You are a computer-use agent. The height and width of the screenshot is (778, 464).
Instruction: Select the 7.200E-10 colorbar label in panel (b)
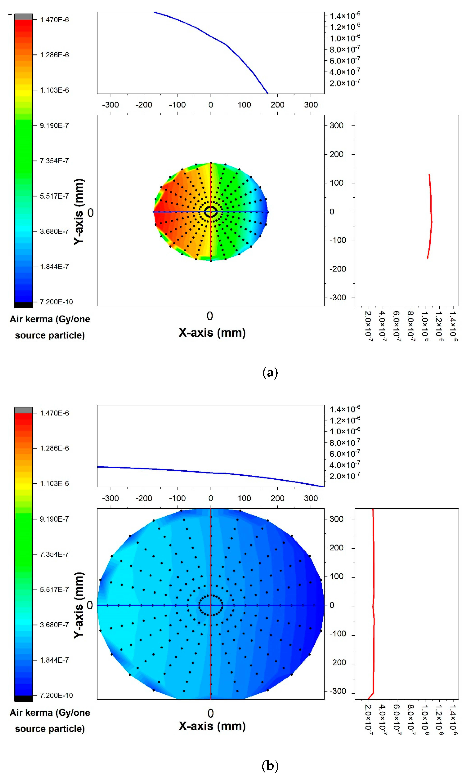coord(56,695)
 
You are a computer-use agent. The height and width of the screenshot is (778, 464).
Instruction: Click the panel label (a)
coord(270,373)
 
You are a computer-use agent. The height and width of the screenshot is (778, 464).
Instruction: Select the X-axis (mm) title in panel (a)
coord(212,333)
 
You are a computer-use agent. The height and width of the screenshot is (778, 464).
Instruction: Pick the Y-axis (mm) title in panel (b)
coord(79,605)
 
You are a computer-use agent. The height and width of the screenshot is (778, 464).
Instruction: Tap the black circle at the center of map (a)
coord(211,212)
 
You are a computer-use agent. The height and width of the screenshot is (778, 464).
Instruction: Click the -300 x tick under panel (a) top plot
coord(110,105)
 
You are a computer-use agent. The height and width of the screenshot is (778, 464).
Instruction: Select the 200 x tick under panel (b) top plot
coord(277,498)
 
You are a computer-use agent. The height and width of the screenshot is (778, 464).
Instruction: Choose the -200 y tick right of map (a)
coord(338,269)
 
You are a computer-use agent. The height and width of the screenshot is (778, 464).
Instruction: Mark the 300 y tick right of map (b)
coord(336,519)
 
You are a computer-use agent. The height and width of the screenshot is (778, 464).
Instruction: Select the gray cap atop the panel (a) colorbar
coord(23,17)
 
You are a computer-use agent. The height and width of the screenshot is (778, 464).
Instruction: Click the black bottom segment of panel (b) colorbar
coord(23,698)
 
